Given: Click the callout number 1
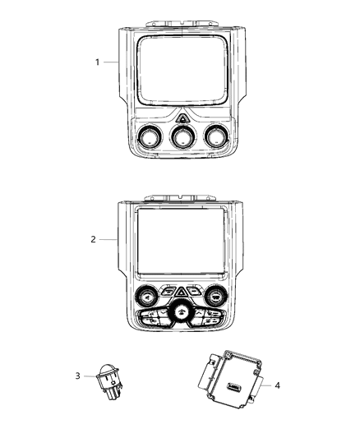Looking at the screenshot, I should point(97,62).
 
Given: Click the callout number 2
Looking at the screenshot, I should point(94,240).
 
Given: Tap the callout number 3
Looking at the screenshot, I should point(77,376).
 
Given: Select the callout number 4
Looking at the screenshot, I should point(277,384).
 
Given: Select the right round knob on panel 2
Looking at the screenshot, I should point(216,297).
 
